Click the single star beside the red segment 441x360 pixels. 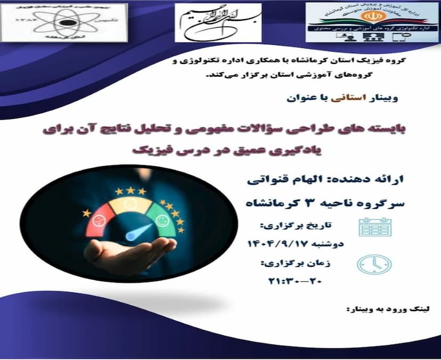(x=87, y=214)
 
